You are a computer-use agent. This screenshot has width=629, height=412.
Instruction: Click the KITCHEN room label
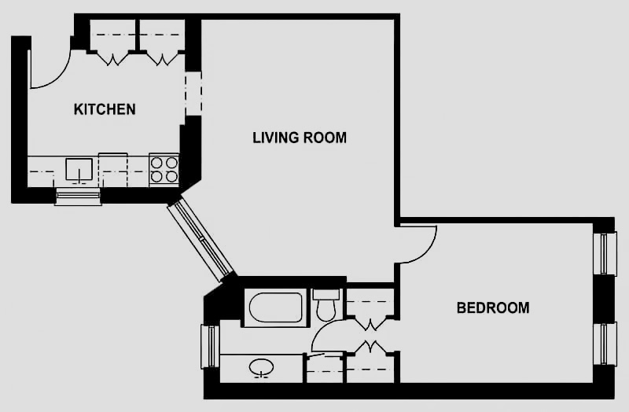click(105, 109)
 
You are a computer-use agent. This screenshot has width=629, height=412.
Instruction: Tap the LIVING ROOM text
click(300, 138)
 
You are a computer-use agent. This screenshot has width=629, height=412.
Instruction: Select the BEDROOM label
click(493, 307)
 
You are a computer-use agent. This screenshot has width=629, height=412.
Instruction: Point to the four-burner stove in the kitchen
click(164, 170)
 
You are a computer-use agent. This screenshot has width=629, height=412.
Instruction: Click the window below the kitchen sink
click(78, 196)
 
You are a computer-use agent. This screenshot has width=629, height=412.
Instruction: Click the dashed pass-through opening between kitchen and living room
click(193, 94)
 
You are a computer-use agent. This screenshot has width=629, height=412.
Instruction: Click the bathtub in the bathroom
click(274, 308)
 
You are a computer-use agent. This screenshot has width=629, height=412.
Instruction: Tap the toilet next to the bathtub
click(326, 306)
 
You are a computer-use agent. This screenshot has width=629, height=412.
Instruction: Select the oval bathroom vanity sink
click(261, 367)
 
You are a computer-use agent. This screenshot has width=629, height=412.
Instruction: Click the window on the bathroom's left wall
click(209, 346)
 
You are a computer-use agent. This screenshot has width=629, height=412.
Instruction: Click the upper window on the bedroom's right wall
click(604, 254)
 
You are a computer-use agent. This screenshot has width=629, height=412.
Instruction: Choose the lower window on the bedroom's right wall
click(604, 344)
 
